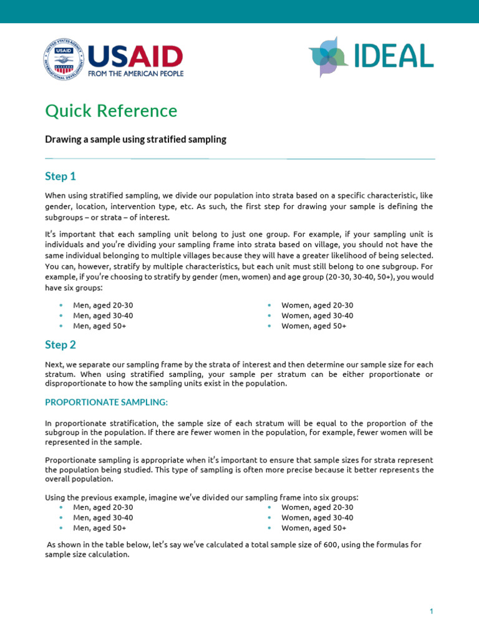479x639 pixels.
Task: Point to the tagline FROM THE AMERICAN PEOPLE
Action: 135,74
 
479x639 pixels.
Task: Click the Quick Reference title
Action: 111,111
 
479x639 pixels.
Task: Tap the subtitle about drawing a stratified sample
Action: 135,140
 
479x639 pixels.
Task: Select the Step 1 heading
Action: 60,177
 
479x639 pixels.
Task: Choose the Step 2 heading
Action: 60,344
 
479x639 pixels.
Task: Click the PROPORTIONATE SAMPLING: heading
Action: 106,401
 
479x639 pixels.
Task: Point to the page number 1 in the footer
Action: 431,612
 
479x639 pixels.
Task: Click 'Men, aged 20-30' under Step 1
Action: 103,305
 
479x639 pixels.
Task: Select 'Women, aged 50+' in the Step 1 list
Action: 314,326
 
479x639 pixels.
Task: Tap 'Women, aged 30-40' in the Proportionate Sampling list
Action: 317,517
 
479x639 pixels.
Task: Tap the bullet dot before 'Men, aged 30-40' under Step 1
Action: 60,316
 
